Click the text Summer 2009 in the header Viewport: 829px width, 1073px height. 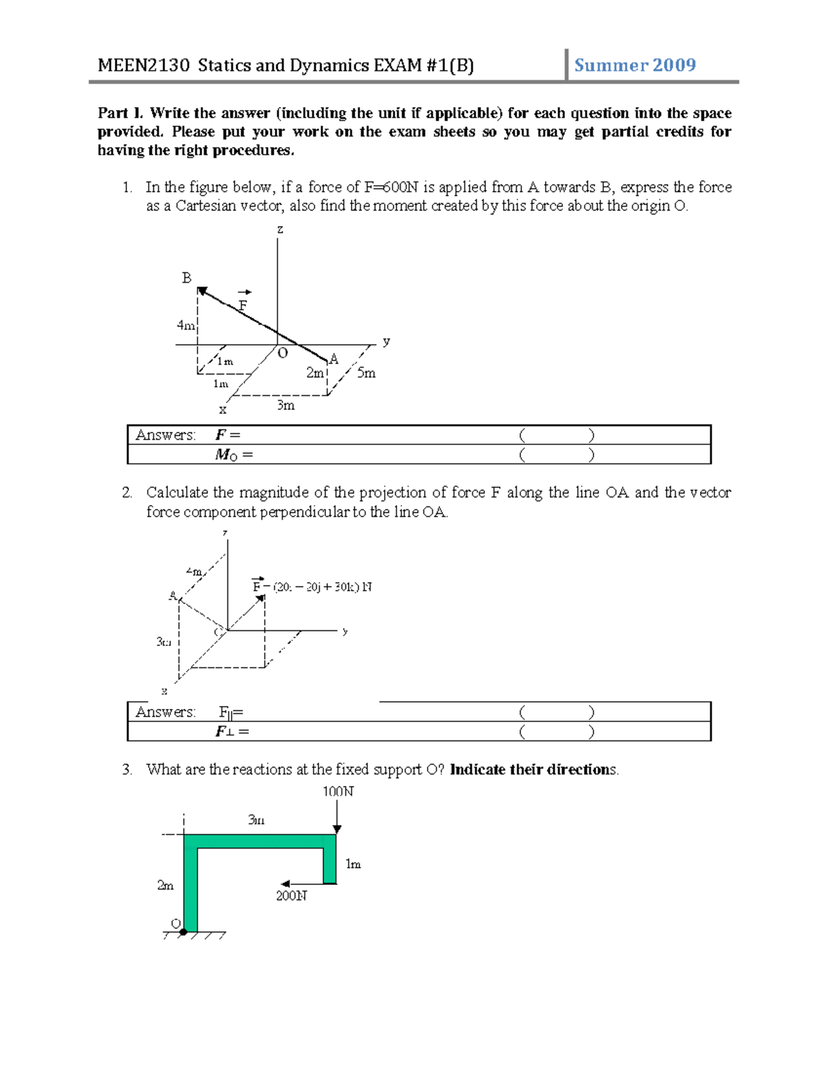(x=634, y=66)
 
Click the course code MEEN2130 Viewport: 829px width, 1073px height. (x=143, y=66)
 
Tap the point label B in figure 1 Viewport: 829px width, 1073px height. (x=187, y=278)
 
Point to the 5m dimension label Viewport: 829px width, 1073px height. (x=366, y=373)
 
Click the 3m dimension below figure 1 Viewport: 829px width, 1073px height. (x=285, y=406)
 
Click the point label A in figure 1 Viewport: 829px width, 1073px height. (x=334, y=359)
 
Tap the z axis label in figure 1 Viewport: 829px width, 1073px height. (x=280, y=229)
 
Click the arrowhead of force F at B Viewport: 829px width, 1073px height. (x=202, y=292)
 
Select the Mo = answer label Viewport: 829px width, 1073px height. (x=234, y=455)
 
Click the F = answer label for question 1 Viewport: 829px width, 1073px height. (x=227, y=435)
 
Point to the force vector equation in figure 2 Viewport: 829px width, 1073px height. (x=312, y=587)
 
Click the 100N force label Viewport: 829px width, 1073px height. (x=338, y=791)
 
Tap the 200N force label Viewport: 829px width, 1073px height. (x=292, y=895)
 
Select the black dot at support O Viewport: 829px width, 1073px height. (x=183, y=932)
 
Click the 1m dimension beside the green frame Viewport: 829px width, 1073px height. (x=353, y=864)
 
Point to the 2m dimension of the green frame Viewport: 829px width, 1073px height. (x=165, y=885)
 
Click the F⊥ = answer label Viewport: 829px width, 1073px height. (x=232, y=732)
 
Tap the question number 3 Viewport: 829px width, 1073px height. (x=126, y=770)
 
